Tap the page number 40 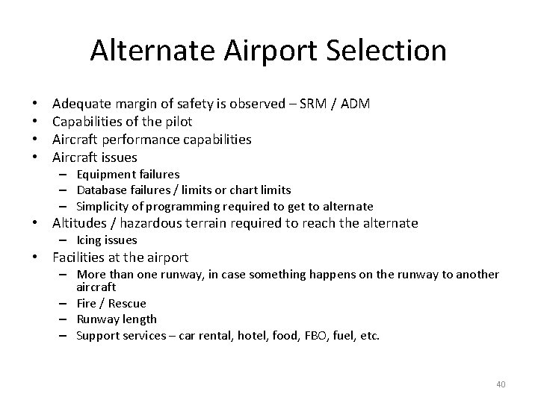tap(501, 384)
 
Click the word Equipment tap(105, 174)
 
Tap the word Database tap(102, 190)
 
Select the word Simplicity tap(102, 206)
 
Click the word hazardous tap(142, 223)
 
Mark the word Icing tap(90, 240)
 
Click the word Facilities tap(78, 257)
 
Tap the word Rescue tap(129, 303)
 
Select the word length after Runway tap(140, 319)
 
